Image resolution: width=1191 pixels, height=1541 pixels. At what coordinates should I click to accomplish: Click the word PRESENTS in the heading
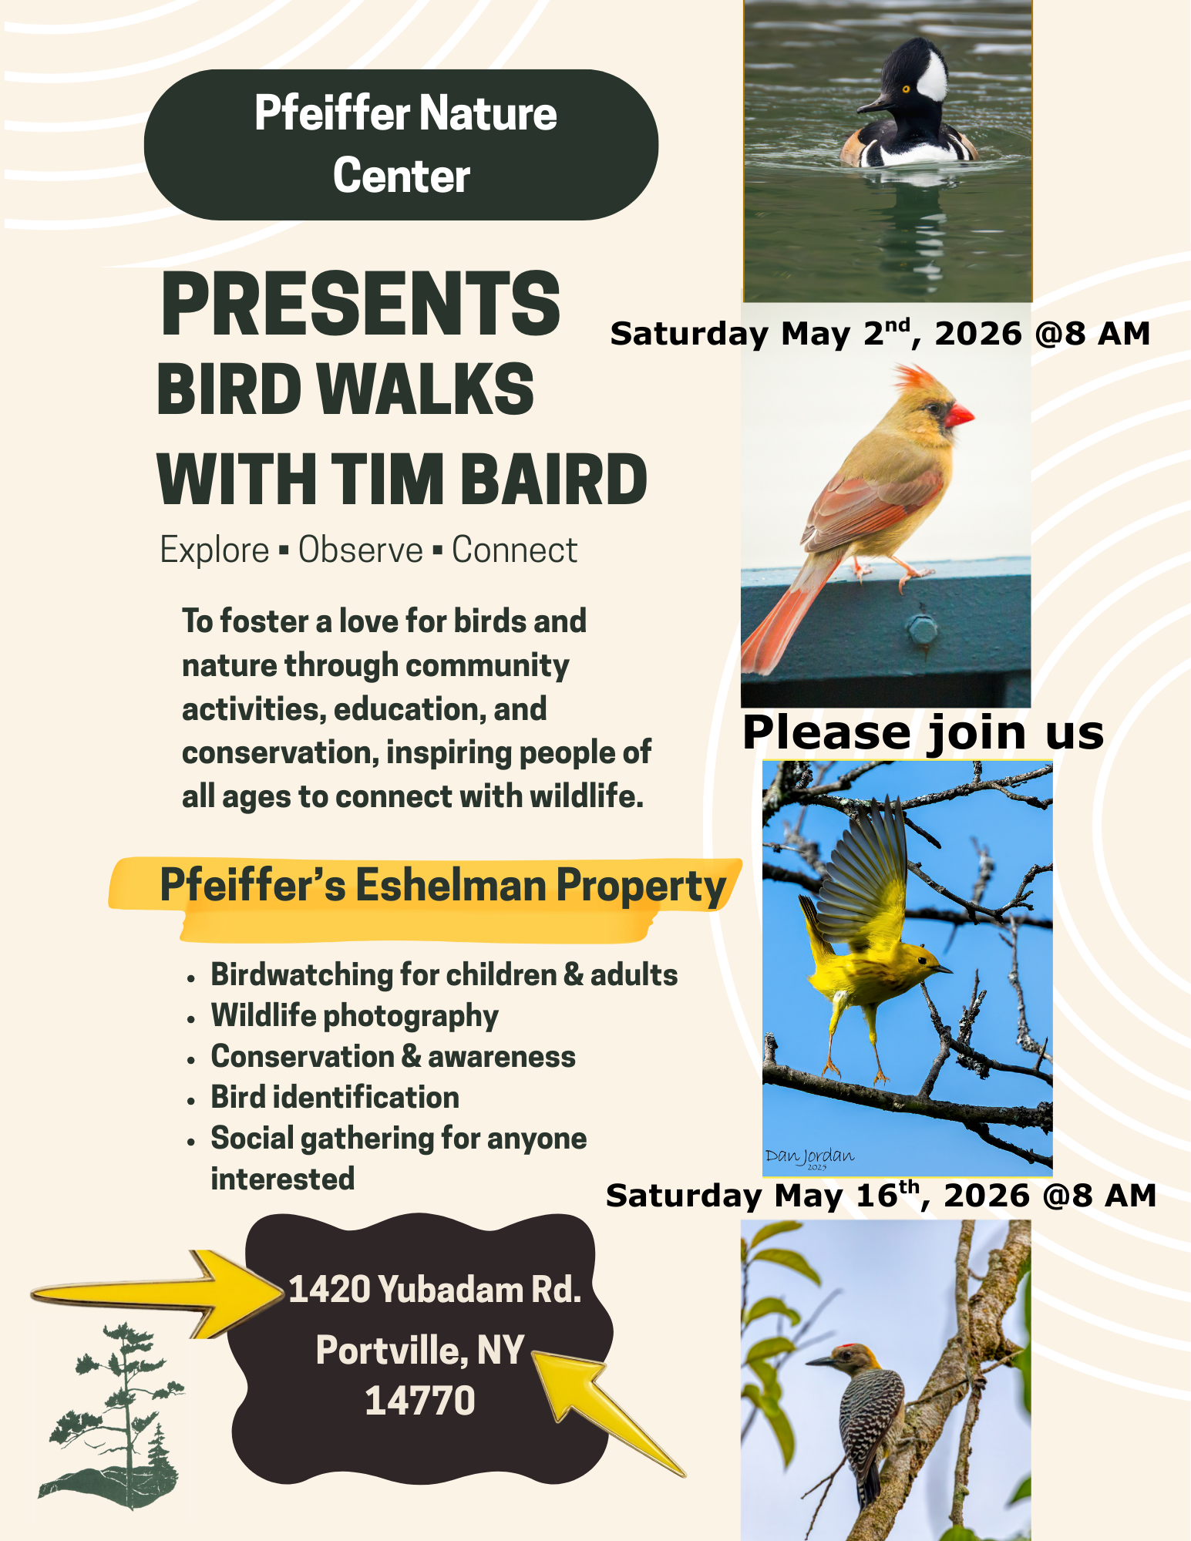(360, 304)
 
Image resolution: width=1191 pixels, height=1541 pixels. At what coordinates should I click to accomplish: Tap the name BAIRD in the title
(554, 479)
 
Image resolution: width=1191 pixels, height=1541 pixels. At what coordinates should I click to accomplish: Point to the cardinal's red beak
(959, 415)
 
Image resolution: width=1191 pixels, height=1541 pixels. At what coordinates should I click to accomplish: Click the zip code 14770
(419, 1401)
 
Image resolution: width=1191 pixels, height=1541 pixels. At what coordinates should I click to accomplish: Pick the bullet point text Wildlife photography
(355, 1016)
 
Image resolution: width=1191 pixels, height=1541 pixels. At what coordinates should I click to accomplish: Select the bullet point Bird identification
(335, 1098)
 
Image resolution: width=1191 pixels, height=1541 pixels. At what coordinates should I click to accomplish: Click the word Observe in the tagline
(361, 550)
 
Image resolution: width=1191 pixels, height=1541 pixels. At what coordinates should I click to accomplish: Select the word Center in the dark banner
(402, 176)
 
